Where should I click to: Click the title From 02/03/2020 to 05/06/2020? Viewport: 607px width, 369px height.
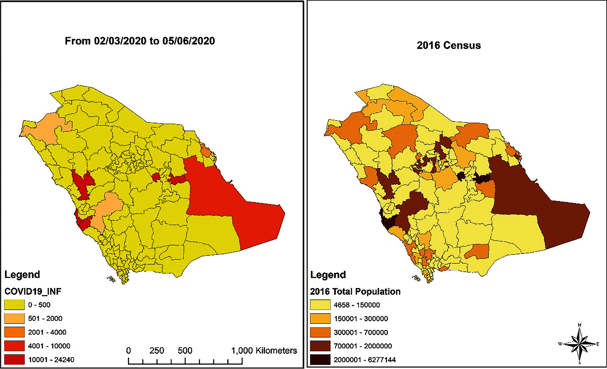[140, 41]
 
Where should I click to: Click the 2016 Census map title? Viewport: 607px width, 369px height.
[448, 46]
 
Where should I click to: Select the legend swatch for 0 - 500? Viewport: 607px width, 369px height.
[14, 305]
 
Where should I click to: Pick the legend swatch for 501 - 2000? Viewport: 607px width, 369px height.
[14, 318]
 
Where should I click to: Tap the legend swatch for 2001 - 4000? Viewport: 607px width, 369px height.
[14, 332]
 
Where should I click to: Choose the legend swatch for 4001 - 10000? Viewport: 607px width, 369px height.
[14, 346]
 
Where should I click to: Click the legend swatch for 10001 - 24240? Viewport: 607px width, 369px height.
[14, 360]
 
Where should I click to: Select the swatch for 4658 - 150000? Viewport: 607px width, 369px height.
[320, 305]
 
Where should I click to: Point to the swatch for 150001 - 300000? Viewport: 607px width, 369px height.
[320, 318]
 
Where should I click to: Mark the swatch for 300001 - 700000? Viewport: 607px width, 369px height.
[320, 332]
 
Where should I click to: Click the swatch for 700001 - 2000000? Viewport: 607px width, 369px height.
[320, 346]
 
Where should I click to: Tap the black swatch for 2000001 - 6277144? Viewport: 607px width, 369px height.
[320, 360]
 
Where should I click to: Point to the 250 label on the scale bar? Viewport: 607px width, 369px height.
[157, 351]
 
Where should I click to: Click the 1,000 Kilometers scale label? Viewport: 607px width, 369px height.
[264, 351]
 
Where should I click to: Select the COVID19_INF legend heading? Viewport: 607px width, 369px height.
[33, 291]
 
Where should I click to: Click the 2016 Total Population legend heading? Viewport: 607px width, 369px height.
[355, 291]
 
